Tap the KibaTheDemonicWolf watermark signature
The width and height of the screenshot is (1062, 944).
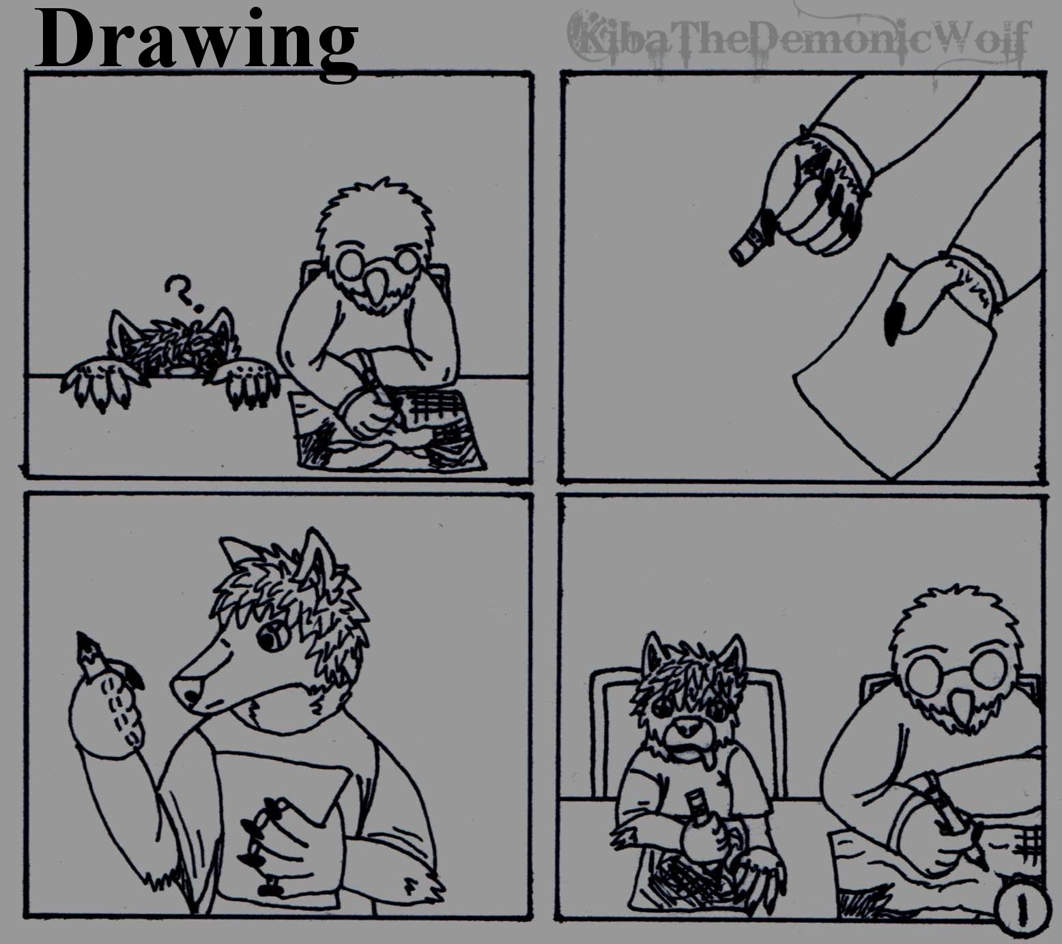coord(799,38)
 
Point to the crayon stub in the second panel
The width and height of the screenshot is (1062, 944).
coord(751,242)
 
